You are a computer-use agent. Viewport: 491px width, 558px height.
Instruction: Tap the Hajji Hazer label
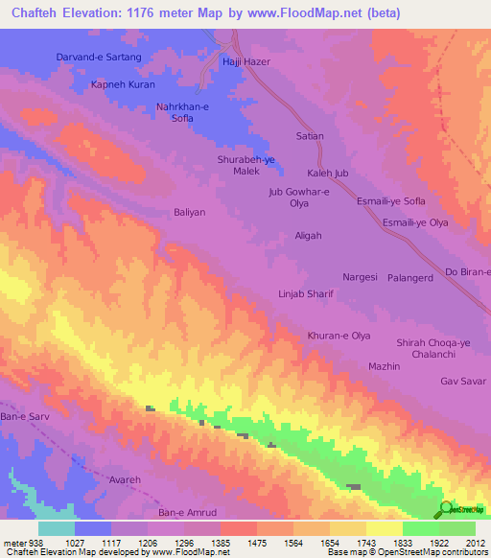248,61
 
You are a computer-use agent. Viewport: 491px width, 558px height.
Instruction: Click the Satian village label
310,136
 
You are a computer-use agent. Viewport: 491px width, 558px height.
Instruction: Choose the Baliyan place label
190,212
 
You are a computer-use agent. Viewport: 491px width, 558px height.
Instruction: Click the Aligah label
308,235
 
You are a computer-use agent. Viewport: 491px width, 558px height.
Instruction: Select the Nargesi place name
361,275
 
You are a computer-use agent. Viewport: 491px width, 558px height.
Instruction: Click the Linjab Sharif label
305,294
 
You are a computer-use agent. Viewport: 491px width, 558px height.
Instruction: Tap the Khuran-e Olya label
339,336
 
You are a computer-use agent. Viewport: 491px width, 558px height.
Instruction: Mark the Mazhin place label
384,366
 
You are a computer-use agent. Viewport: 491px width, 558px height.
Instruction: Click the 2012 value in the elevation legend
472,542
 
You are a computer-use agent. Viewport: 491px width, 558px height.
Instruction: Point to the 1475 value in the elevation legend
230,542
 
